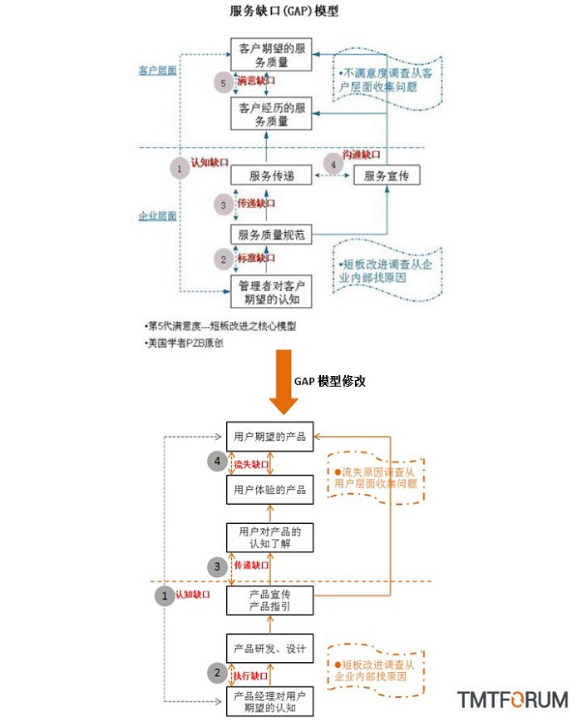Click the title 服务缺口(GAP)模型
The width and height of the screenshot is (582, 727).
[284, 11]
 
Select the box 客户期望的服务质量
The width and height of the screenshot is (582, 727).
[271, 55]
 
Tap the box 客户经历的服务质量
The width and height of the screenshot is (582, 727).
[271, 114]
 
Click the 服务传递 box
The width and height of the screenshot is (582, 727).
[271, 176]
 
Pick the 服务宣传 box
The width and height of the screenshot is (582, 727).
[387, 176]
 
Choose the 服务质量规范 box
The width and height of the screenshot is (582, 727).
[271, 235]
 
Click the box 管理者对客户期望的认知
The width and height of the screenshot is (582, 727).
[271, 292]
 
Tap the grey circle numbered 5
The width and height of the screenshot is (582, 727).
[223, 83]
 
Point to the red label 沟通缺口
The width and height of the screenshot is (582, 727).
[362, 155]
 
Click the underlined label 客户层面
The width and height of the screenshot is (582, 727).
[157, 71]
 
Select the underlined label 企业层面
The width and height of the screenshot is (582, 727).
[157, 216]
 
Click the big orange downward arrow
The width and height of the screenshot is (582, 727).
[284, 382]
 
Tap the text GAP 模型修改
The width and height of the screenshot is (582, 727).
[329, 381]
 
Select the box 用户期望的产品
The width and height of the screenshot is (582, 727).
[269, 437]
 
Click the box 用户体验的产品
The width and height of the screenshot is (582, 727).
[269, 490]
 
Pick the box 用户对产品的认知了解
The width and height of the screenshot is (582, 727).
[269, 537]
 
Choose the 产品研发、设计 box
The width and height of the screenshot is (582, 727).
[269, 648]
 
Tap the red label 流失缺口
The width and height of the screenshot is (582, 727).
[251, 464]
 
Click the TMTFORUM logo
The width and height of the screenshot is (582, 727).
[512, 700]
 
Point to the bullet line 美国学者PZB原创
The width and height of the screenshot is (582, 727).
[184, 344]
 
